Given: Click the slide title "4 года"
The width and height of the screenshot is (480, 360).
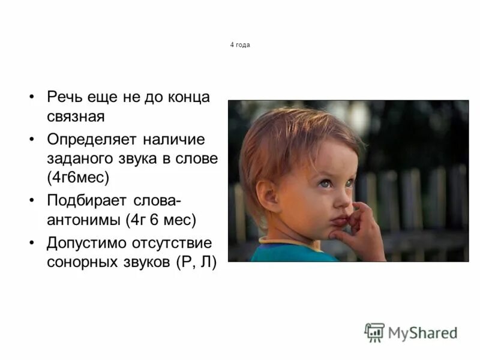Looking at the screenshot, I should tap(239, 45).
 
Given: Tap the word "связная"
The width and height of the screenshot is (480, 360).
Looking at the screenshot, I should tap(76, 116).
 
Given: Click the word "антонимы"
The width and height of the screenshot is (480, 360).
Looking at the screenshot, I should tap(84, 220).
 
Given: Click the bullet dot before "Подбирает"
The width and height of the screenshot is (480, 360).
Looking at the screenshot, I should tap(32, 201).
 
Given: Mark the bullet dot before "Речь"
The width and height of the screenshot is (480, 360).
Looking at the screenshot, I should tap(32, 98).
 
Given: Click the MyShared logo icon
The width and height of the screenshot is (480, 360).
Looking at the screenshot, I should tap(374, 332).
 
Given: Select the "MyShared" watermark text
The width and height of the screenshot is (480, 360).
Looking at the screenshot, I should tap(422, 332).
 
